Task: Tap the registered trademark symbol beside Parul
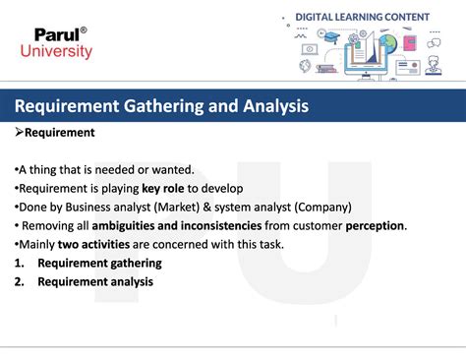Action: coord(84,29)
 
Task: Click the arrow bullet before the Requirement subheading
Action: coord(19,132)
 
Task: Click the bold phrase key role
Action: coord(164,188)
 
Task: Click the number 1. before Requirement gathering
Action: coord(21,263)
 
